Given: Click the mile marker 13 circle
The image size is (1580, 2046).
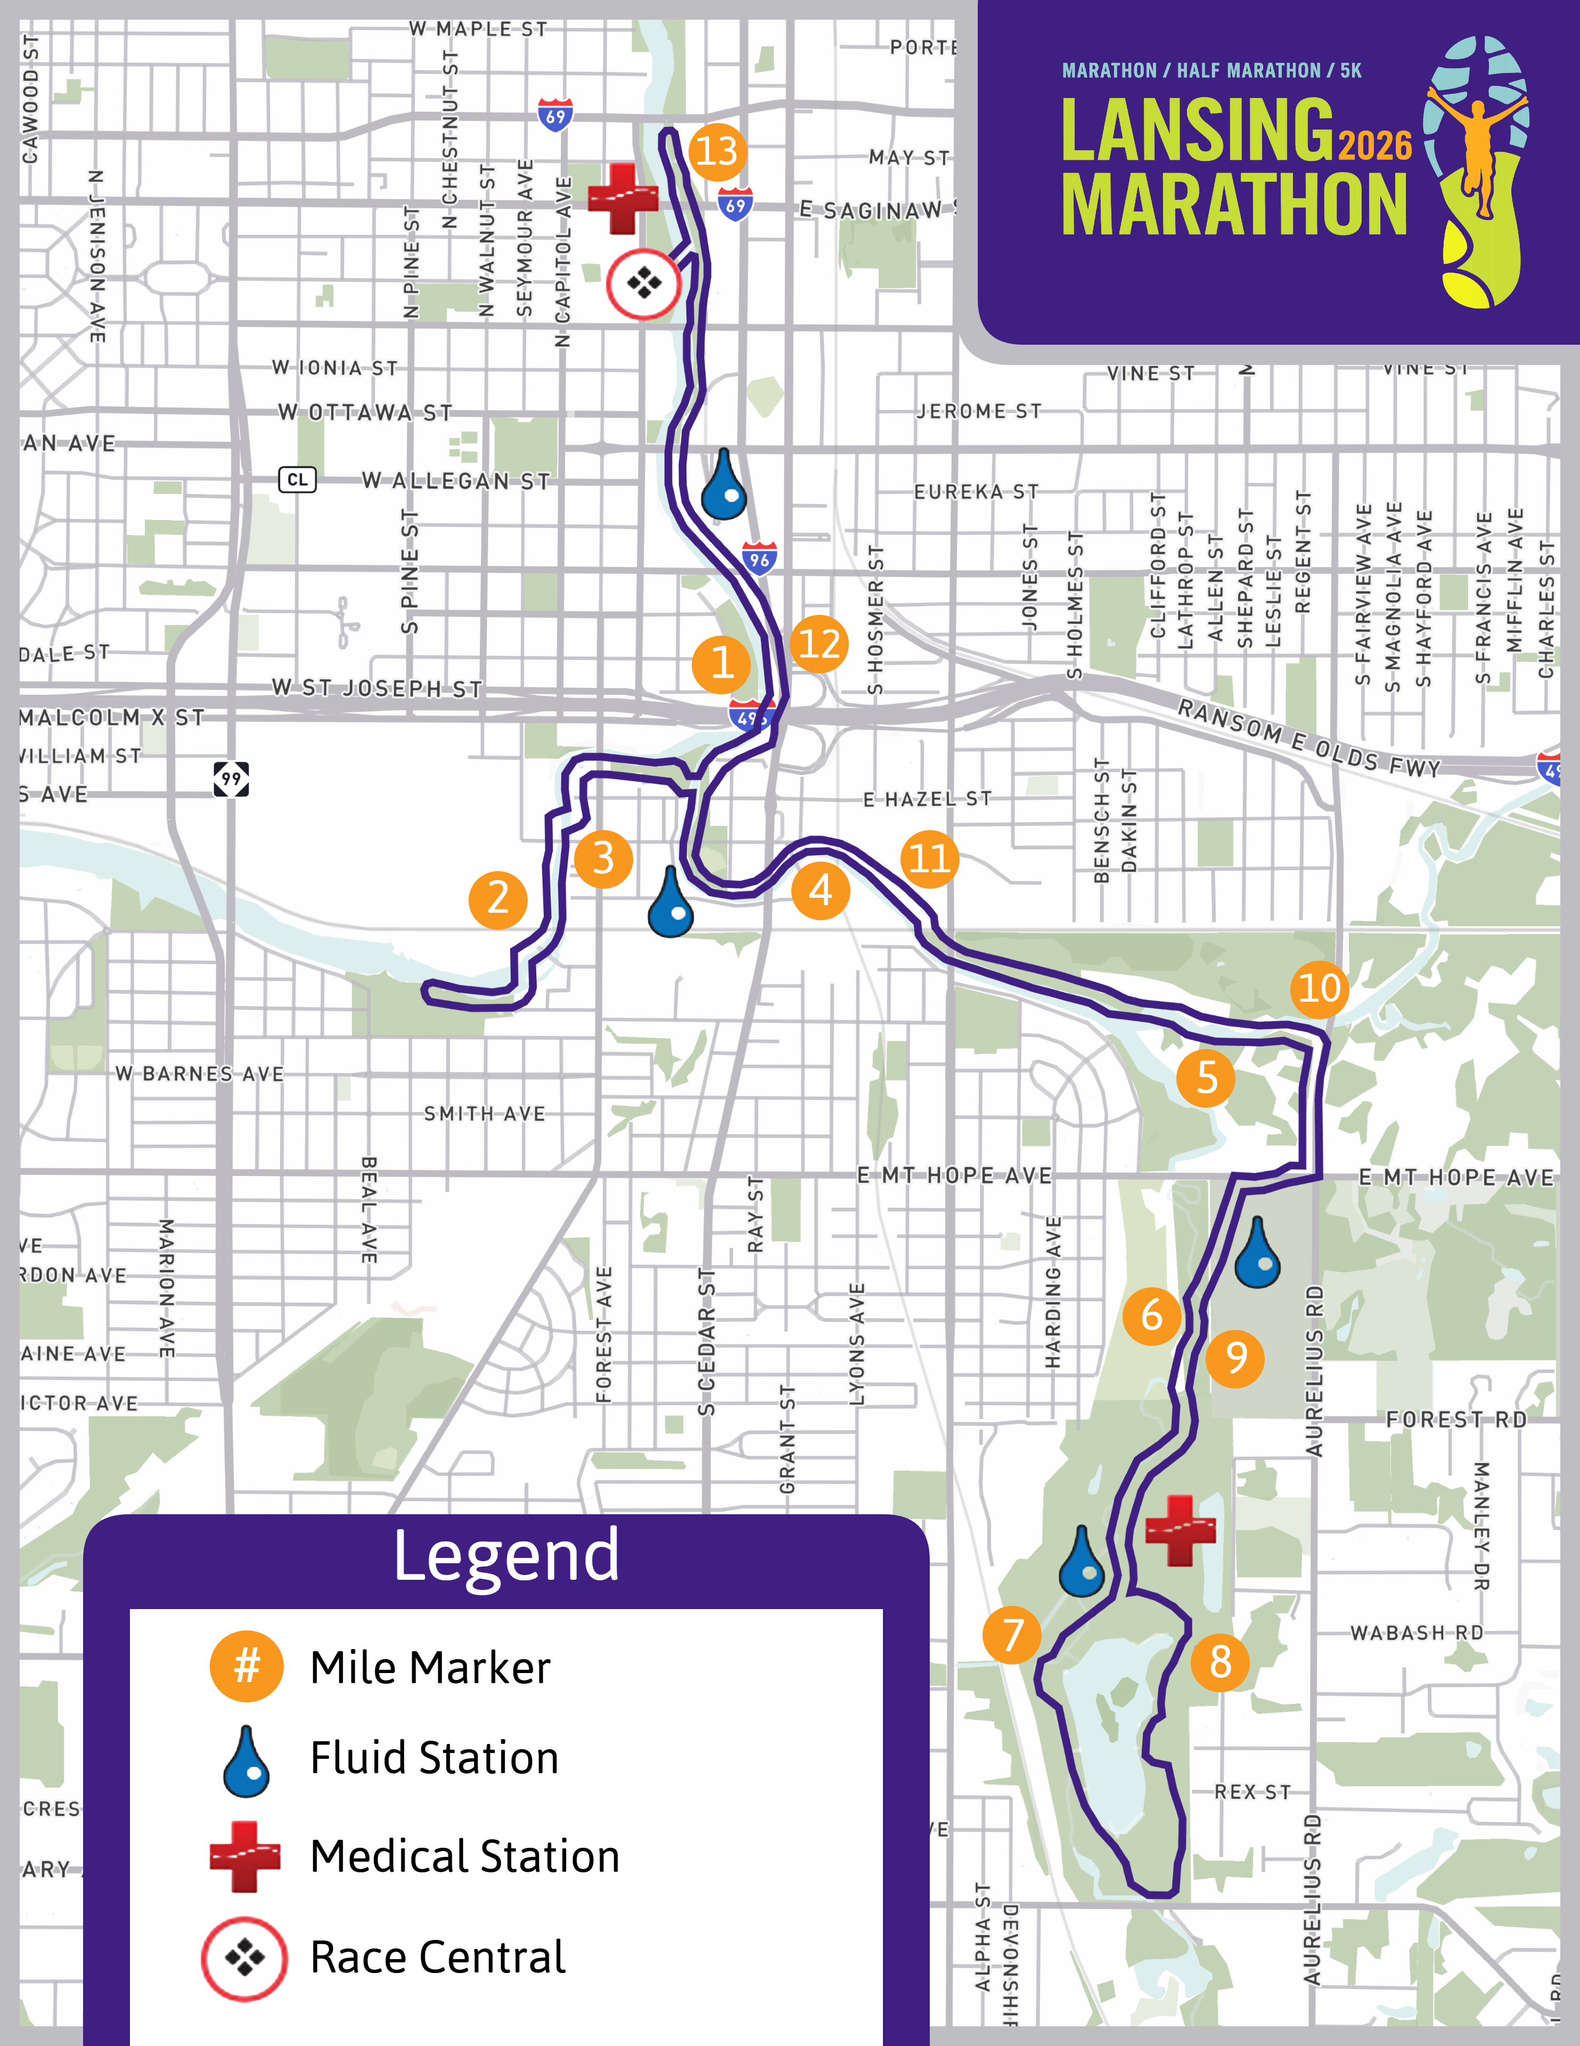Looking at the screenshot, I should (717, 151).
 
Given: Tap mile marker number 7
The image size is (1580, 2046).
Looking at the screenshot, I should (1011, 1635).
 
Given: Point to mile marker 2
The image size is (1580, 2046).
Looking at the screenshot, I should (498, 899).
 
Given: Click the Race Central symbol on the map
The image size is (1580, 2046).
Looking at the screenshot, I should (643, 283).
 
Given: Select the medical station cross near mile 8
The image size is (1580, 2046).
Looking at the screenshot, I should (1180, 1530).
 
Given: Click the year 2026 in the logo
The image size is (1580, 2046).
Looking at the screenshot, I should (1374, 145).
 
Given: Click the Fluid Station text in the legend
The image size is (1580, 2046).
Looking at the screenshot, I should (435, 1757).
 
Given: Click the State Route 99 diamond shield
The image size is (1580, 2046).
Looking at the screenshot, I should (231, 778).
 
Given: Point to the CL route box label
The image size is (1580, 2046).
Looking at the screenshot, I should (298, 480).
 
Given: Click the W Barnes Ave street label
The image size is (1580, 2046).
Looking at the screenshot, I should (200, 1074).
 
